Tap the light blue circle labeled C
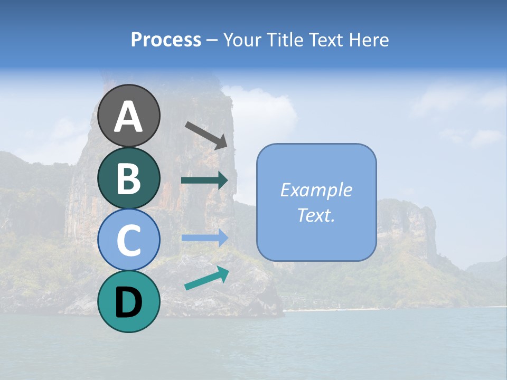pos(128,240)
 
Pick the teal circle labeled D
pos(128,301)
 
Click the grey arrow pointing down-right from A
pos(206,135)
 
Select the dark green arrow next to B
pos(204,180)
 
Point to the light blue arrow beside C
pos(204,238)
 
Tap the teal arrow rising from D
pos(206,279)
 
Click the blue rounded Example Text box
pos(316,203)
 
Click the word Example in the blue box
pos(316,190)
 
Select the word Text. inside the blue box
pos(316,215)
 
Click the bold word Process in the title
pos(166,40)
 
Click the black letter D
pos(128,302)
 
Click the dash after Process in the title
pos(212,40)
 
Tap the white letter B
pos(128,178)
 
